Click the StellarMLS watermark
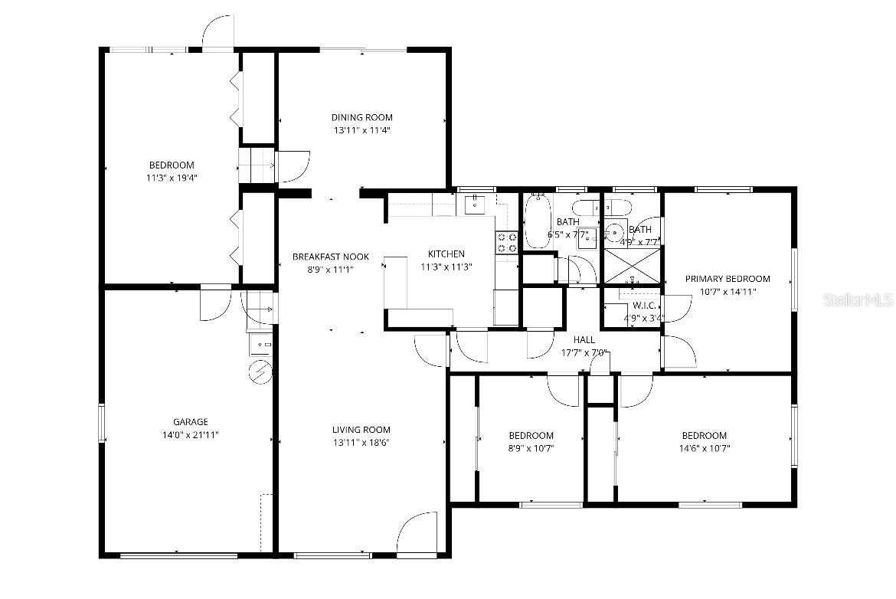tap(858, 299)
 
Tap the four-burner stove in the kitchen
tap(507, 243)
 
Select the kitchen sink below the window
tap(475, 204)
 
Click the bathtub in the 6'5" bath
tap(537, 221)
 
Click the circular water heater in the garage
tap(260, 372)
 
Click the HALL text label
tap(584, 339)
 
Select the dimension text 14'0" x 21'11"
tap(190, 435)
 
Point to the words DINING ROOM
tap(361, 117)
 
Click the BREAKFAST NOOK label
tap(330, 257)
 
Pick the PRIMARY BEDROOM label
tap(727, 279)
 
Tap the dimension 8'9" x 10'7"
tap(531, 449)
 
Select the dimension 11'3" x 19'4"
tap(172, 178)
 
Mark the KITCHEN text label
tap(446, 254)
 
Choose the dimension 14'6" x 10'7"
tap(704, 449)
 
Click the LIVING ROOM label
tap(361, 430)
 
